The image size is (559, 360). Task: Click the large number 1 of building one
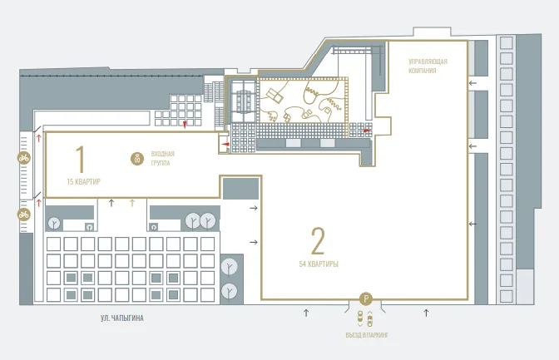[x=81, y=159]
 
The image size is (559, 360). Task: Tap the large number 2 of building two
[x=318, y=241]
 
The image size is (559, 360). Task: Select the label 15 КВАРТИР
[x=84, y=182]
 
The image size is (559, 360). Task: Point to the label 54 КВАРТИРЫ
[x=319, y=264]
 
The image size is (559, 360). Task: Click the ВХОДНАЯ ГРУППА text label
[x=162, y=159]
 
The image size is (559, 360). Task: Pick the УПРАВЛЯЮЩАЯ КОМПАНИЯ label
[x=428, y=66]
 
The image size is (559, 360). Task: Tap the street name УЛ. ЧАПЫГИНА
[x=122, y=318]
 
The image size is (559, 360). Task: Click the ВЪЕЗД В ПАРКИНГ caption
[x=367, y=335]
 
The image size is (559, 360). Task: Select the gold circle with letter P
[x=365, y=298]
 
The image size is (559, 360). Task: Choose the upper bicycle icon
[x=24, y=157]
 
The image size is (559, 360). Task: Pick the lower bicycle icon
[x=24, y=215]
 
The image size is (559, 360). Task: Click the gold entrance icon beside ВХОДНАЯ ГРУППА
[x=137, y=159]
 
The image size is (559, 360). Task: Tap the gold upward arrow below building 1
[x=132, y=203]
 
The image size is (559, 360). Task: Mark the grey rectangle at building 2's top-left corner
[x=240, y=189]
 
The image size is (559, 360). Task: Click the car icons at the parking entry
[x=365, y=318]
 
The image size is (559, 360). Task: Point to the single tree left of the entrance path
[x=55, y=223]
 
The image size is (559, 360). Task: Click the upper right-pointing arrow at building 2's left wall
[x=254, y=208]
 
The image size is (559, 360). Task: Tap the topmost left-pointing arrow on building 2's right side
[x=472, y=83]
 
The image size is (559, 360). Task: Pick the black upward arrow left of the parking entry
[x=306, y=313]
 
